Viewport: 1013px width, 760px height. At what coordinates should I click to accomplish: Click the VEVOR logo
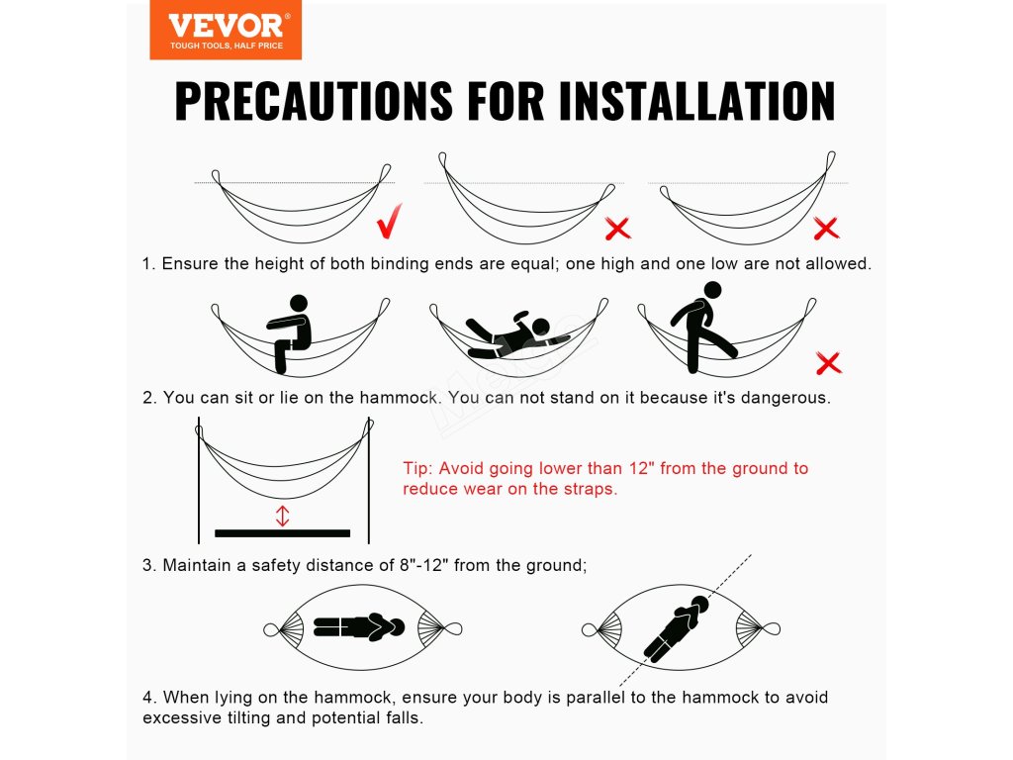226,31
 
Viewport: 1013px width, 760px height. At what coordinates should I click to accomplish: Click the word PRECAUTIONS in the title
314,101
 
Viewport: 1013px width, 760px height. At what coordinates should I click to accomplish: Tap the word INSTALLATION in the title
697,101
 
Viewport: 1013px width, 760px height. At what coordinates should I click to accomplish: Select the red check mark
390,221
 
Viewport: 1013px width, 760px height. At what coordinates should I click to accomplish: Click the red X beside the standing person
829,362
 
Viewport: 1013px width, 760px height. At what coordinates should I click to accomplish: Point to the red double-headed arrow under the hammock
282,516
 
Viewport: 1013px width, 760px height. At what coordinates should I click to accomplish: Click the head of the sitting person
299,304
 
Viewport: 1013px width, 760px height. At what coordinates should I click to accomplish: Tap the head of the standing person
712,290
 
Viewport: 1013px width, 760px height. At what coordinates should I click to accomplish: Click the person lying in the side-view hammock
516,334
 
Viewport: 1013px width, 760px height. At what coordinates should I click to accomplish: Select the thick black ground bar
282,533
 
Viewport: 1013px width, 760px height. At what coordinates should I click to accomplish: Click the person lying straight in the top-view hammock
359,626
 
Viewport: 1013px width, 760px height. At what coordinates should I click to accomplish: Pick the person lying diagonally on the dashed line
676,628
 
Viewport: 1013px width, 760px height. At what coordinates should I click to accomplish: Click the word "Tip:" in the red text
418,468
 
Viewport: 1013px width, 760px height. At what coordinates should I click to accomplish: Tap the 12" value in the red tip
641,468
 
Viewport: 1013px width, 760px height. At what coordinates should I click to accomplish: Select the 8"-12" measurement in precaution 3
423,565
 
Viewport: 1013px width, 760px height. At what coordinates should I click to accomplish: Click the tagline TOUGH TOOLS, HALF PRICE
227,46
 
